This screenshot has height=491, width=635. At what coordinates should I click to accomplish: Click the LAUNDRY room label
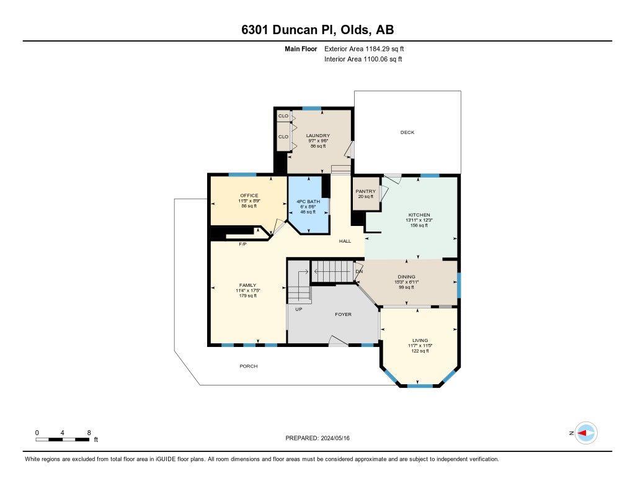(317, 135)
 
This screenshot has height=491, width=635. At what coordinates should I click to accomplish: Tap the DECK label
(407, 132)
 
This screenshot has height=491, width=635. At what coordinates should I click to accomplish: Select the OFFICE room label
(249, 196)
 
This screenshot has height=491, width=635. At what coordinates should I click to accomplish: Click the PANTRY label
(365, 191)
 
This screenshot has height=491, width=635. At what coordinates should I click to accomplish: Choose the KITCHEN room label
(419, 215)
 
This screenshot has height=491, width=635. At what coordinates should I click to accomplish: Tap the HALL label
(345, 241)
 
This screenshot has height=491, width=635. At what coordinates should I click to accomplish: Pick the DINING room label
(406, 277)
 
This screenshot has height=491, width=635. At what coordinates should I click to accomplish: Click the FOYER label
(343, 314)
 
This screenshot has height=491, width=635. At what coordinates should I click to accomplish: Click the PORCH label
(248, 366)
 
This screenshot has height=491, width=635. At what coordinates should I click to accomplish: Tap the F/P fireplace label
(243, 245)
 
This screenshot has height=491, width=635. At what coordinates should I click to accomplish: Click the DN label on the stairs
(358, 271)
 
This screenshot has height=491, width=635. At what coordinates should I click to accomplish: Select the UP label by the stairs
(298, 309)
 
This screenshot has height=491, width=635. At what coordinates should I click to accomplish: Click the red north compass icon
(585, 433)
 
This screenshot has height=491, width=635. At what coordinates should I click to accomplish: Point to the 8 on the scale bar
(89, 432)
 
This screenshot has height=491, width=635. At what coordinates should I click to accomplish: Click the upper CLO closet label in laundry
(283, 116)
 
